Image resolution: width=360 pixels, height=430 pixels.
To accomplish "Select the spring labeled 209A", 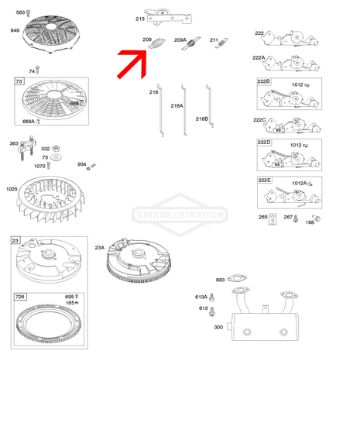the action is tap(191, 43).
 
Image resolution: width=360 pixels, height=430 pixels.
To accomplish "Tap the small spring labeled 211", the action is tap(221, 43).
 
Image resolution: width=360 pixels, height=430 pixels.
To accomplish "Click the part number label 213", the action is tap(140, 19).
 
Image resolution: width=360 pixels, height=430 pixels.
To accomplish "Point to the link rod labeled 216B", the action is tap(210, 106).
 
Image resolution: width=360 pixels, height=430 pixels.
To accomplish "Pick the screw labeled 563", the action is tap(28, 13).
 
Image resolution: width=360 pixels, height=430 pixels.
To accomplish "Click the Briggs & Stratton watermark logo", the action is tap(180, 215).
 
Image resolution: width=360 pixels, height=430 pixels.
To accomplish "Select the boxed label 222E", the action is tap(264, 181).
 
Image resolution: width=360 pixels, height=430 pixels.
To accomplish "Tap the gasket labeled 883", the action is tap(237, 278).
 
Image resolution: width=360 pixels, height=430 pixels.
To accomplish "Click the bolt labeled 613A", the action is tap(211, 298).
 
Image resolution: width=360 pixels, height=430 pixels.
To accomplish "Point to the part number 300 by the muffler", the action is tap(218, 327).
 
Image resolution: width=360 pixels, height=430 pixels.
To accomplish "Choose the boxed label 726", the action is tap(20, 297).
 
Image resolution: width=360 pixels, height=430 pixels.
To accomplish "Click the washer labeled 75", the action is tap(56, 157).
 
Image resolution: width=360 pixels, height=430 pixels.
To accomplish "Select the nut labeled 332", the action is tap(56, 149).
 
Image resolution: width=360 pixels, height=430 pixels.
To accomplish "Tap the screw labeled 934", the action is tap(91, 167).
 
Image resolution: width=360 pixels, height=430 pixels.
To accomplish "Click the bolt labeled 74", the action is tap(37, 70).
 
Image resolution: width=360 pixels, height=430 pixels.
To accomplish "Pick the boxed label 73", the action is tap(19, 81).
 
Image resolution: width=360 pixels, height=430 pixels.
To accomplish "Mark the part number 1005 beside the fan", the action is tap(12, 189).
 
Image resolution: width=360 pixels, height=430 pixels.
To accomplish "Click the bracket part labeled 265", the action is tap(272, 219).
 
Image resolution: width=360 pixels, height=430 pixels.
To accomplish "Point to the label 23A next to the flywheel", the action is tap(100, 248).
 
